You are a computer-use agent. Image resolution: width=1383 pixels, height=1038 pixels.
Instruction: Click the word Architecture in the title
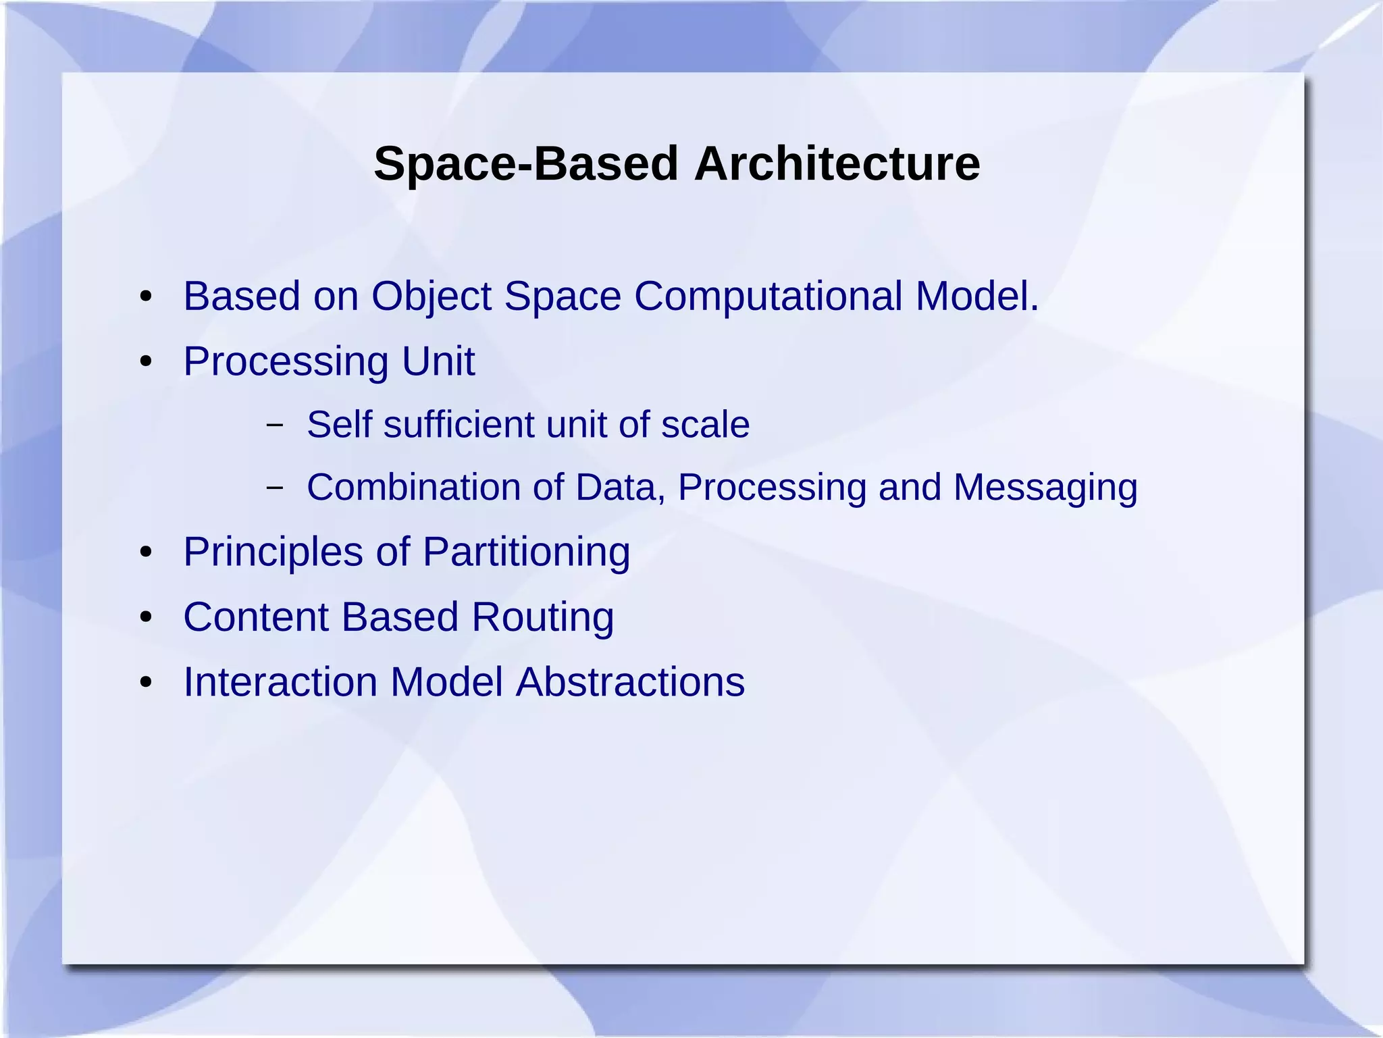click(837, 164)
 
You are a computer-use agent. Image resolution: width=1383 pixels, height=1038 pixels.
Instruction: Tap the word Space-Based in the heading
click(525, 164)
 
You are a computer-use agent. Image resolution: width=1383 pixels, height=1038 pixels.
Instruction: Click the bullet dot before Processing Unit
click(146, 362)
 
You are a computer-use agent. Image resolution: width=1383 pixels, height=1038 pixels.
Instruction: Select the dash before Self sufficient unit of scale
click(274, 425)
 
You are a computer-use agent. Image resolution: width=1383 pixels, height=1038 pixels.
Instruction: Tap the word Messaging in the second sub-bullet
click(1045, 488)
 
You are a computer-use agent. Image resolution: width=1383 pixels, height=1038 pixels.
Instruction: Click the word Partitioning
click(526, 552)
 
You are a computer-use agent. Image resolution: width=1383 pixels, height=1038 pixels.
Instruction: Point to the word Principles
click(273, 552)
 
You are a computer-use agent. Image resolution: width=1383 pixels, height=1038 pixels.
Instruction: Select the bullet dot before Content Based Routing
click(146, 617)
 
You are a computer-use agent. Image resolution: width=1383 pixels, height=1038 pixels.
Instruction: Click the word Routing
click(542, 617)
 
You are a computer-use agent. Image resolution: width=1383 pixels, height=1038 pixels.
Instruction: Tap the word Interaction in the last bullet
click(280, 681)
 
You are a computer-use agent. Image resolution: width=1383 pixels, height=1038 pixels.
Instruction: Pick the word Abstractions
click(630, 681)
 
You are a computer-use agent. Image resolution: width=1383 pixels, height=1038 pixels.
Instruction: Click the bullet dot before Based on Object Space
click(146, 297)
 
